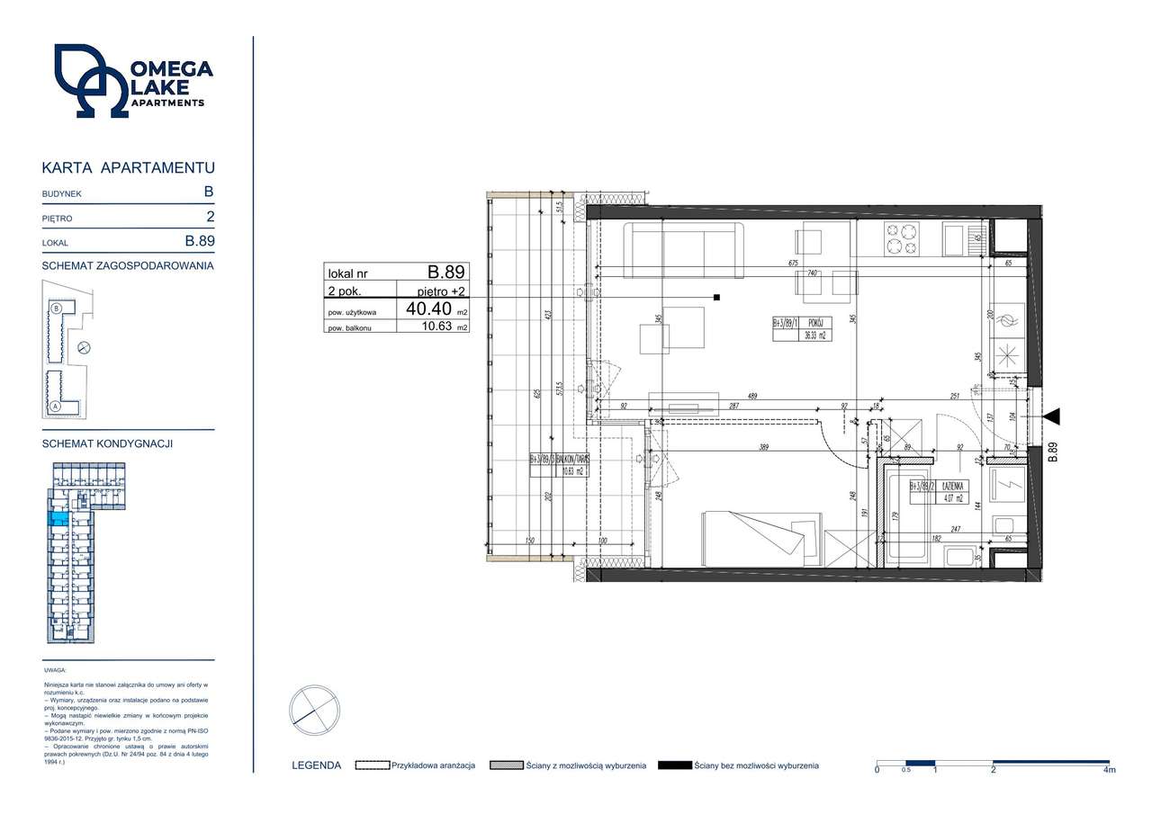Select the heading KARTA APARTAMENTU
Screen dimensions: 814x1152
[128, 168]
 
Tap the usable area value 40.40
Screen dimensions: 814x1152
[428, 309]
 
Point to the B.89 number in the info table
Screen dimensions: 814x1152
[445, 272]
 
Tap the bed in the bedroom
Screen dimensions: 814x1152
[761, 538]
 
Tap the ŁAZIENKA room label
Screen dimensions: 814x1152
[953, 486]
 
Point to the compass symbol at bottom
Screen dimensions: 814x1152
[314, 711]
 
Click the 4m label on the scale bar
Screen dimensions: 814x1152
[1109, 771]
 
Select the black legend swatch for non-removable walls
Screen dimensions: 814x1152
[675, 765]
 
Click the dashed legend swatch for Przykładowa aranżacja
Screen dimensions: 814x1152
[372, 765]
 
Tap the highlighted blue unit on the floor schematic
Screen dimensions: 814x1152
[58, 517]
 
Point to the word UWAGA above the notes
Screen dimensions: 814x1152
[55, 670]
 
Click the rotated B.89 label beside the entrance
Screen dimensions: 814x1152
[1052, 452]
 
